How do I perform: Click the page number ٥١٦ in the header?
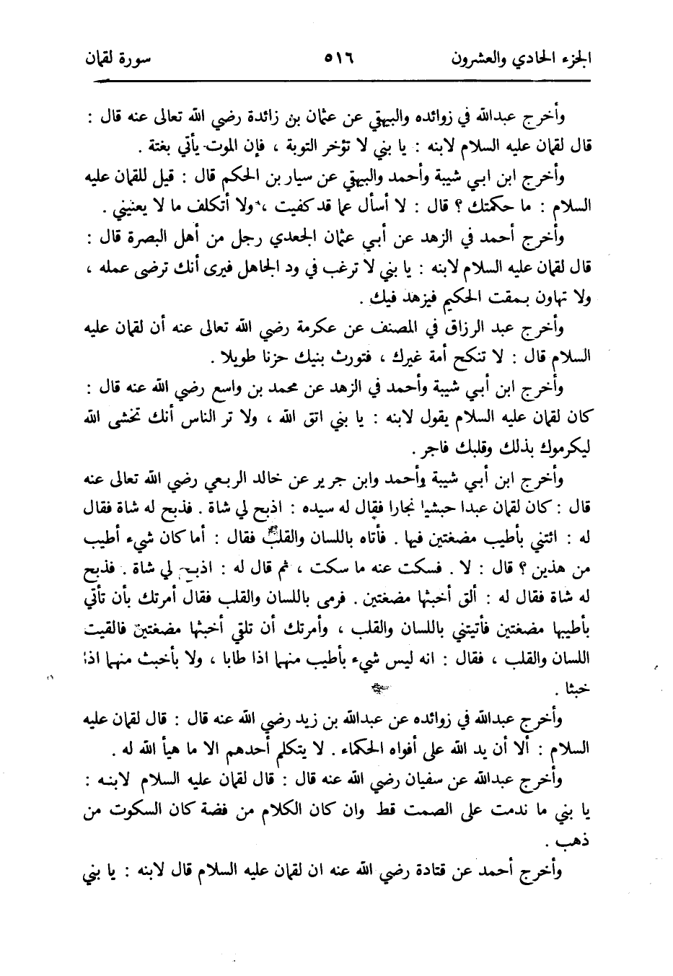tap(335, 56)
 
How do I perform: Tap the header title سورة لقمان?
tap(113, 56)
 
